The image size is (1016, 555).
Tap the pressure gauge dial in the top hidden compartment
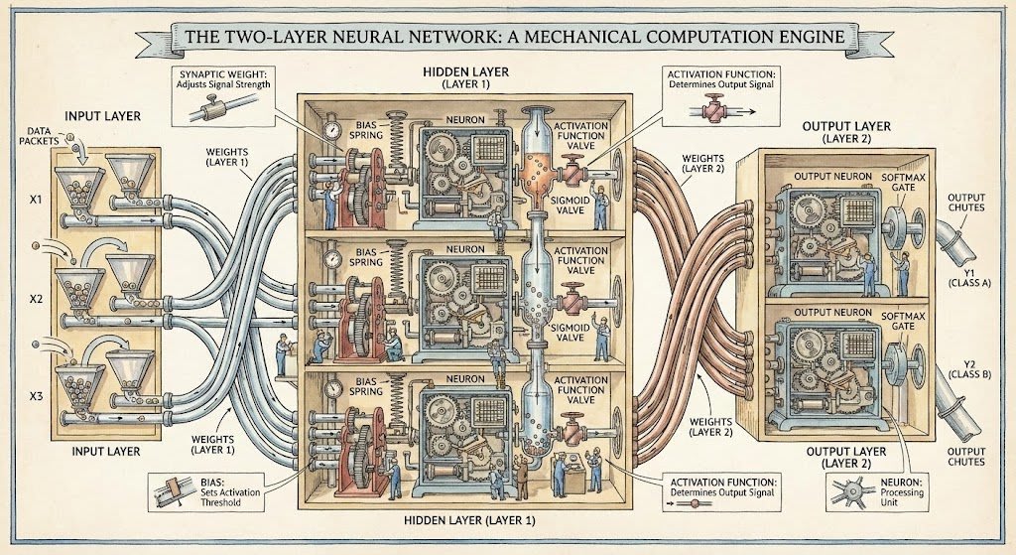[x=328, y=129]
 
